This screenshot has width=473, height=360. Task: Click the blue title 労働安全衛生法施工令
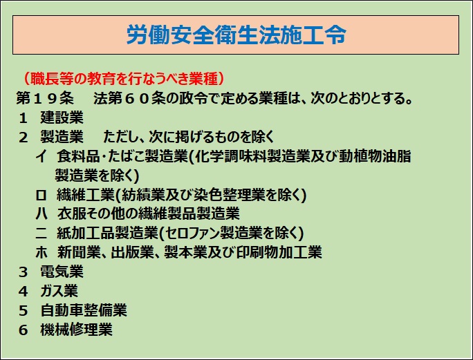click(x=236, y=35)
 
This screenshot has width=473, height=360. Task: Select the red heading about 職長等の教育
click(x=124, y=79)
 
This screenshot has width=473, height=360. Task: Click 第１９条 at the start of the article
click(x=45, y=98)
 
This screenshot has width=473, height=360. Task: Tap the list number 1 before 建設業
click(x=24, y=118)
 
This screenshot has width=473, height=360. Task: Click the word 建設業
click(x=62, y=117)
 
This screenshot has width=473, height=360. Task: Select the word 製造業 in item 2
click(x=62, y=137)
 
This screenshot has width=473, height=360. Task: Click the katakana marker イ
click(x=41, y=156)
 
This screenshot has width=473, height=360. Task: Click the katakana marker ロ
click(x=41, y=195)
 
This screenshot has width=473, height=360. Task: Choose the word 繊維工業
click(x=86, y=195)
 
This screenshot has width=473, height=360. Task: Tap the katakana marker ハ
click(x=41, y=214)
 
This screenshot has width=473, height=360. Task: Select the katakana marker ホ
click(x=41, y=252)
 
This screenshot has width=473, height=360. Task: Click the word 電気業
click(x=62, y=272)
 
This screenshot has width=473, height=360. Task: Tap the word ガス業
click(x=59, y=291)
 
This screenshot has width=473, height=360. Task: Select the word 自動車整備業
click(x=84, y=310)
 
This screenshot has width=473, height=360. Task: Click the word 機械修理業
click(x=76, y=330)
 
